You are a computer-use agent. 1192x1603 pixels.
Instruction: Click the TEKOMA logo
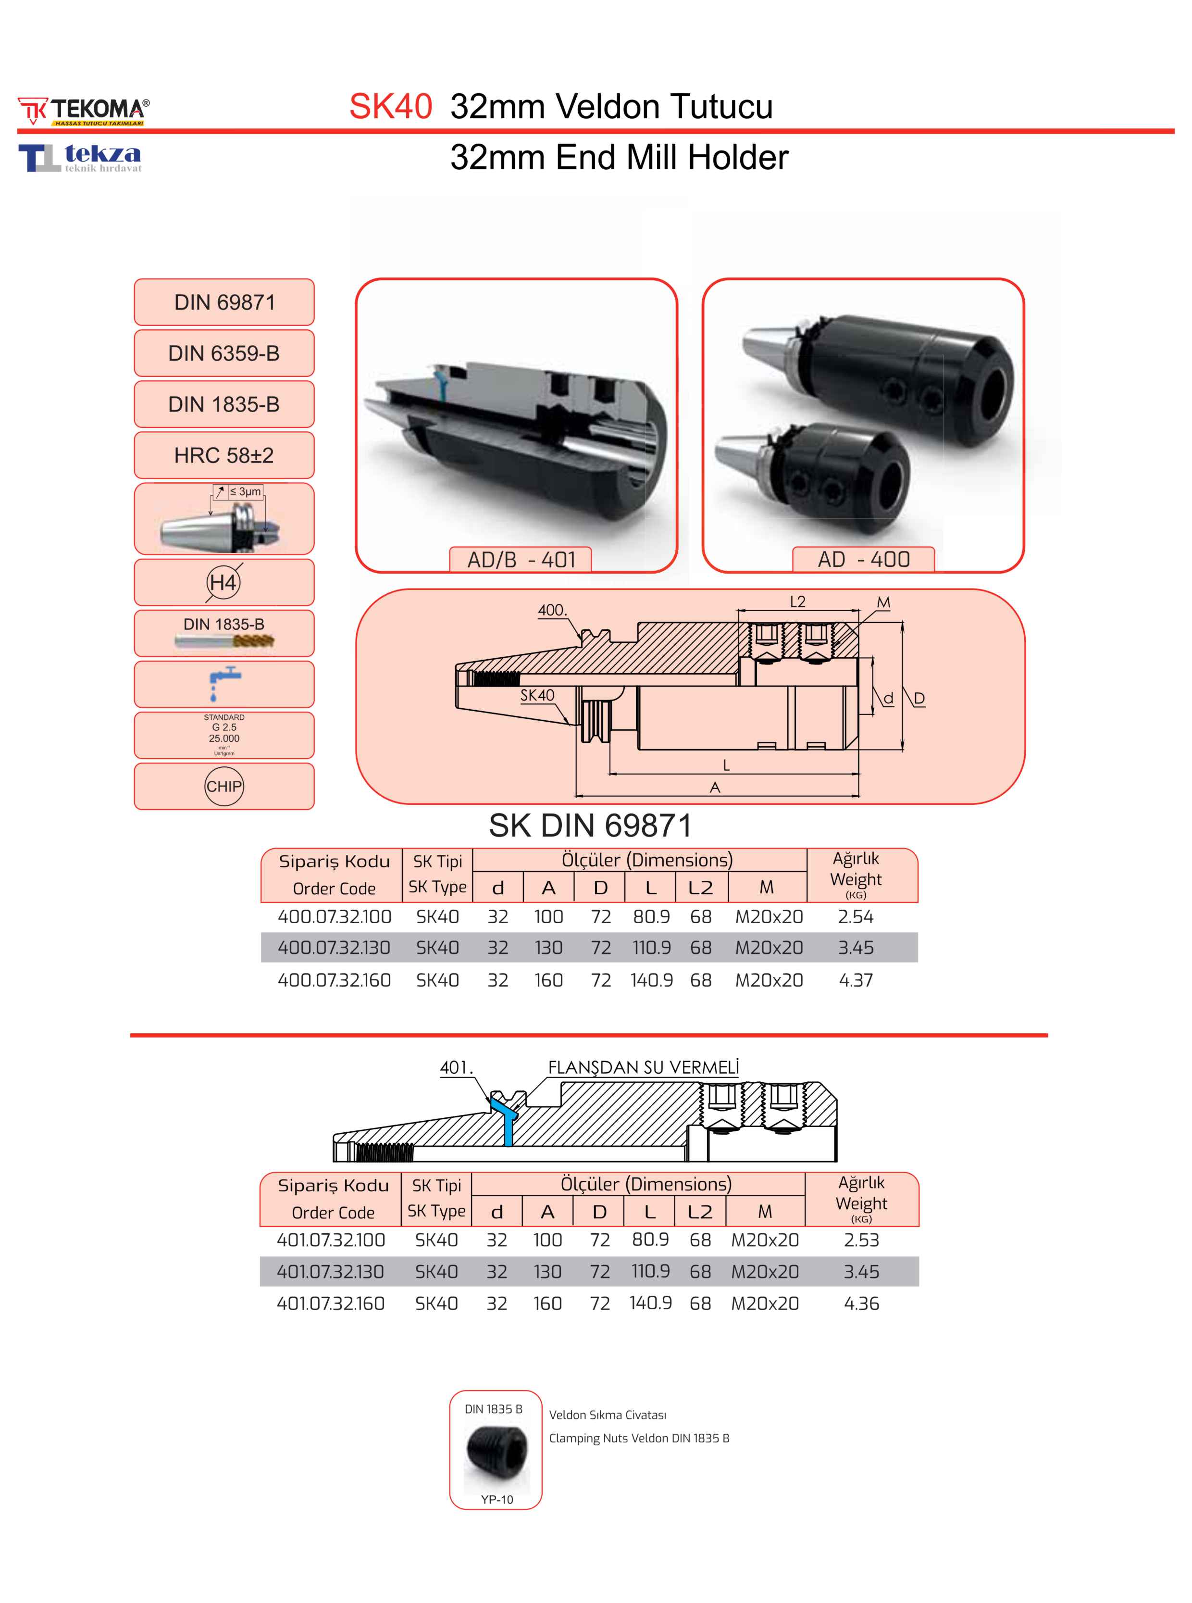point(84,111)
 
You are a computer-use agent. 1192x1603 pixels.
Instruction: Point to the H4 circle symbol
point(223,582)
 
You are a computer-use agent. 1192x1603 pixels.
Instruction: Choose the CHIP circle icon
point(224,786)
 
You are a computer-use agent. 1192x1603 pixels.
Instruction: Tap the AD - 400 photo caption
point(864,559)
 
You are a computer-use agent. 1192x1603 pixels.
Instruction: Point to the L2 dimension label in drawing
point(797,602)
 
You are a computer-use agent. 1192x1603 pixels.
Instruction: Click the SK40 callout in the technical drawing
point(537,695)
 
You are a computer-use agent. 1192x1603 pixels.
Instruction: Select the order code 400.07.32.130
point(334,948)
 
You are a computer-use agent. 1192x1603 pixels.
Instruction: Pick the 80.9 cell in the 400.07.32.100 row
point(652,916)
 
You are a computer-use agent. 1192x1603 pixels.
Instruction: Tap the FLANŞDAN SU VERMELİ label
point(644,1067)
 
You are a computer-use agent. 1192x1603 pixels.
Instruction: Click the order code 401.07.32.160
point(331,1303)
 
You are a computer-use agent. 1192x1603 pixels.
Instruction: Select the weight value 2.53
point(861,1240)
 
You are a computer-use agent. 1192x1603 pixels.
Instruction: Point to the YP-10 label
point(497,1499)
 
